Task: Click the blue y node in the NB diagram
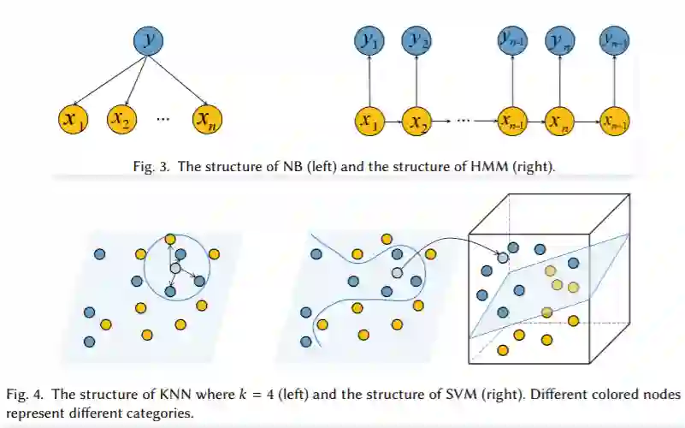(148, 41)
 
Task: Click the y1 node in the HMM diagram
(369, 40)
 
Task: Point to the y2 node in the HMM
(417, 40)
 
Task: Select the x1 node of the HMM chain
(369, 122)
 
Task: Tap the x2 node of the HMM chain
(417, 122)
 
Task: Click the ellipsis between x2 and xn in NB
(164, 119)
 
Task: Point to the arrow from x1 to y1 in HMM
(369, 80)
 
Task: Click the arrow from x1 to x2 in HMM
(393, 122)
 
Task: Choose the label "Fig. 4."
(26, 395)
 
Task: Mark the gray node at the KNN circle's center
(175, 268)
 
